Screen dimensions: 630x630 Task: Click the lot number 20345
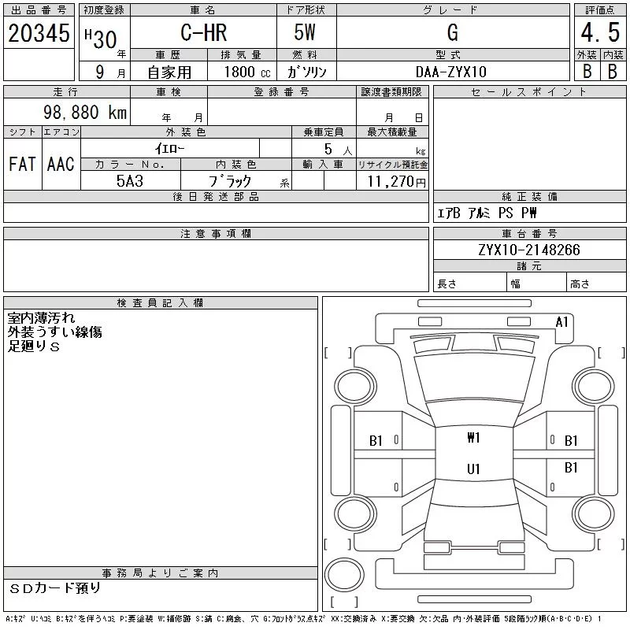(x=39, y=32)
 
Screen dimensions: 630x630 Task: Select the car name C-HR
(x=204, y=32)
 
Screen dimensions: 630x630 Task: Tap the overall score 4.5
(x=600, y=32)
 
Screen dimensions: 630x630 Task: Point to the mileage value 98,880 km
(x=85, y=112)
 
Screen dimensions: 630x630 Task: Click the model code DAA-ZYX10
(x=451, y=72)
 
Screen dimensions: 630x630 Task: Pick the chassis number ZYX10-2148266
(x=529, y=250)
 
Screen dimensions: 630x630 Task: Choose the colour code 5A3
(x=130, y=181)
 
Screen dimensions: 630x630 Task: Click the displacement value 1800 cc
(x=247, y=72)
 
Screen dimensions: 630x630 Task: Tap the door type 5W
(x=305, y=32)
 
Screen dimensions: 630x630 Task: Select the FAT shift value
(x=22, y=164)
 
